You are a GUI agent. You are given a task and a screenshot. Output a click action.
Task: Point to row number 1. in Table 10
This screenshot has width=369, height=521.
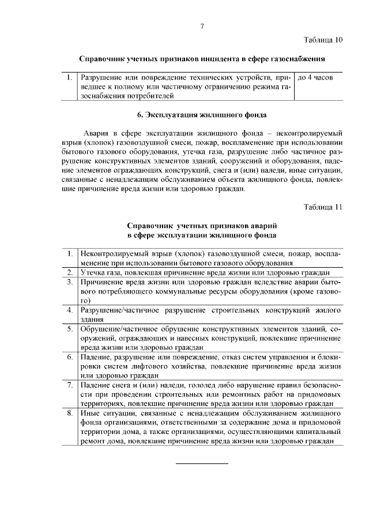pos(69,77)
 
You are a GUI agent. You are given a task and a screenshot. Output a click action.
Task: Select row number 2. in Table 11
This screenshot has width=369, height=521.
pos(69,272)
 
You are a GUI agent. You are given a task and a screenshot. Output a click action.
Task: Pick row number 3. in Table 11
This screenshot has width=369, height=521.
pos(69,282)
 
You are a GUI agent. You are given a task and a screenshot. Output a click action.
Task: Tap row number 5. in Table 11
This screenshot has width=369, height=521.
pos(69,329)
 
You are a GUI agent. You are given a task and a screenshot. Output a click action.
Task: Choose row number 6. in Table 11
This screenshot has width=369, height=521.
pos(69,357)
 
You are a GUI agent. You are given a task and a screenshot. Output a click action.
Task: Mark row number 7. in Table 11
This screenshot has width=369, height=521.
pos(69,385)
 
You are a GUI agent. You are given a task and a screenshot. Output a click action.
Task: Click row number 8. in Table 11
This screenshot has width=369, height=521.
pos(69,413)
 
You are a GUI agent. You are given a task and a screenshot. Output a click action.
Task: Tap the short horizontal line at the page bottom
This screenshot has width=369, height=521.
pos(202,462)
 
